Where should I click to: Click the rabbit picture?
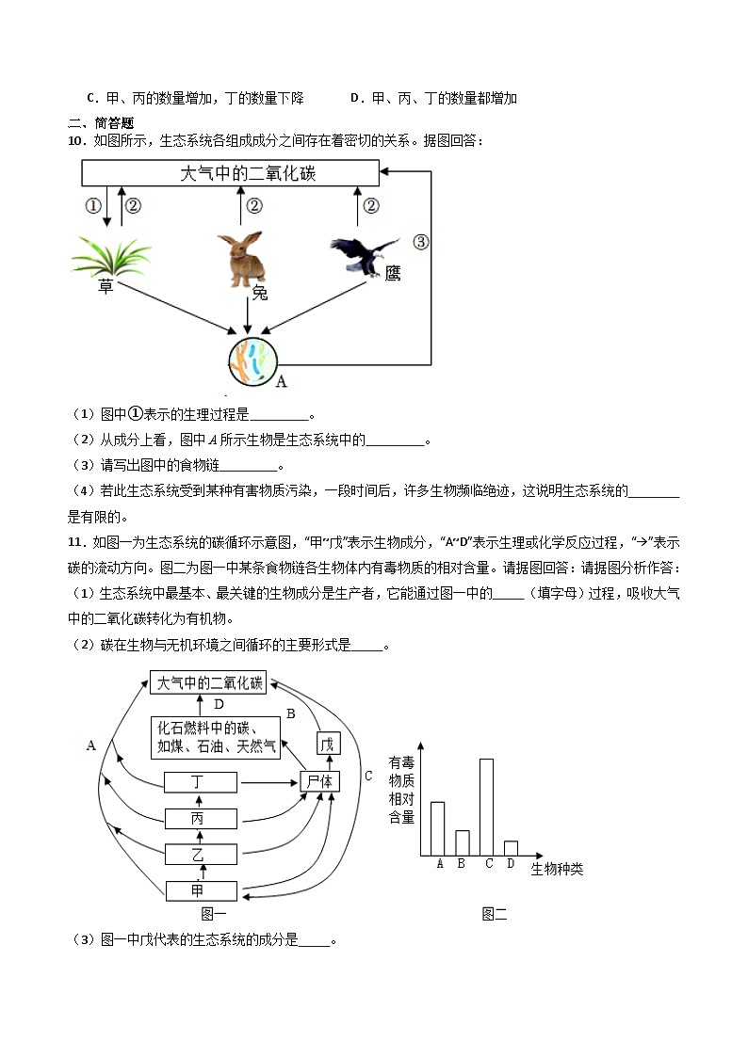[x=242, y=259]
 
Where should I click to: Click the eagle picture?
[x=364, y=255]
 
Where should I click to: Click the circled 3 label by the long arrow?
[x=421, y=242]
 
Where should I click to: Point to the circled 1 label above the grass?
[x=92, y=206]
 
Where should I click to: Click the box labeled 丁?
[x=198, y=782]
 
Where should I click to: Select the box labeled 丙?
[x=198, y=819]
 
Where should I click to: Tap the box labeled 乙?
[x=198, y=855]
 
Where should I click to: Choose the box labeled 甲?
[x=198, y=890]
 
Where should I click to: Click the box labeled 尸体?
[x=320, y=782]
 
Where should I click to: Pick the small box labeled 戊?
[x=327, y=745]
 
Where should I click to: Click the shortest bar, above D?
[x=511, y=848]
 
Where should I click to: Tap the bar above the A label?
[x=438, y=828]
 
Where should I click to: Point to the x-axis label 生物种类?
[x=557, y=869]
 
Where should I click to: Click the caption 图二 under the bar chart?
[x=494, y=913]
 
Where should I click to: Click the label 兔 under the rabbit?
[x=259, y=294]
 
